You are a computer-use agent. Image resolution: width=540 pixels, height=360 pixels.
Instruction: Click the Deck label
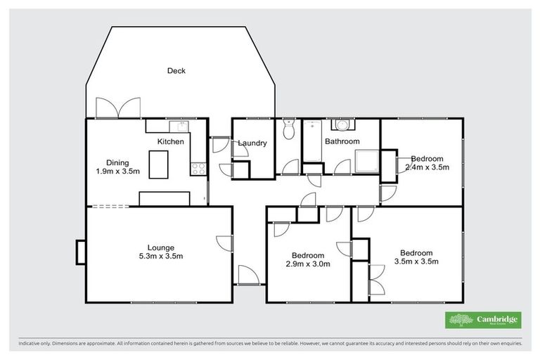click(x=176, y=70)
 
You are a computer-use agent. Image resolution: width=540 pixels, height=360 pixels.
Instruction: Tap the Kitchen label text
click(x=170, y=141)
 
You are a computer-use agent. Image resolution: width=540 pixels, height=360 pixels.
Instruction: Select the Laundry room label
click(x=252, y=143)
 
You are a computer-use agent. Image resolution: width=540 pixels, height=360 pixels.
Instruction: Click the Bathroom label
click(x=342, y=141)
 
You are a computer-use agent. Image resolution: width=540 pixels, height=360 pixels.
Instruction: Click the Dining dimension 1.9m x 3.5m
click(x=118, y=171)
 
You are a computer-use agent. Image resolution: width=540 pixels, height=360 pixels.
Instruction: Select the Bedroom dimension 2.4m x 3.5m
click(x=427, y=167)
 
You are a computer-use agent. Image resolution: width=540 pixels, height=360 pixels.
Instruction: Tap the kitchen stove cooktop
click(x=198, y=169)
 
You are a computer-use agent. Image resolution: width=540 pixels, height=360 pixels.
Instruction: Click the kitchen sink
click(x=181, y=127)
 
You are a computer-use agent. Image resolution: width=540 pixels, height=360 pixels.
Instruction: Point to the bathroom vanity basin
click(x=342, y=125)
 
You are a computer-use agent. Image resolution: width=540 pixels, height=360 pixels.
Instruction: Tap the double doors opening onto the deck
click(x=115, y=108)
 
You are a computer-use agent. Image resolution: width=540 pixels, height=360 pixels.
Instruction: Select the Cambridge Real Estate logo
click(x=483, y=320)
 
